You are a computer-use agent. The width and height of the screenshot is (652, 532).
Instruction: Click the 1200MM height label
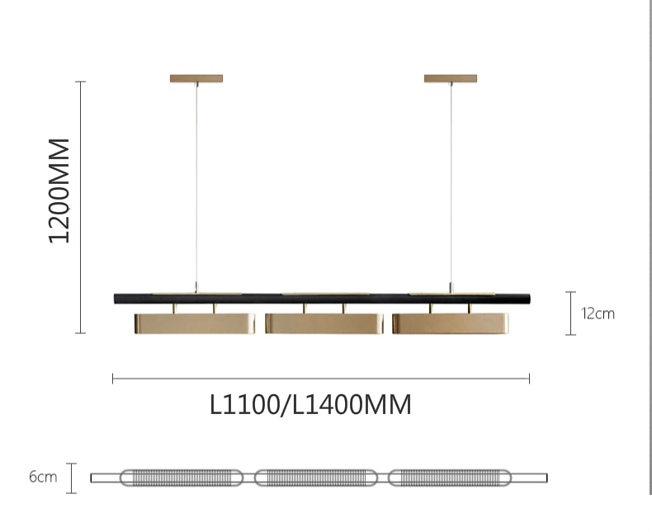pyautogui.click(x=59, y=191)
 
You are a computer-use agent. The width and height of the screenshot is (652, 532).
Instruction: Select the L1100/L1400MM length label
pyautogui.click(x=310, y=405)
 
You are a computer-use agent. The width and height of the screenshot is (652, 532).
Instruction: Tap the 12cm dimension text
pyautogui.click(x=598, y=313)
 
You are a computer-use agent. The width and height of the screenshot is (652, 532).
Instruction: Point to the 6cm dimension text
pyautogui.click(x=43, y=477)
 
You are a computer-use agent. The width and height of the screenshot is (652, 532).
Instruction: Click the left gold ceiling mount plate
pyautogui.click(x=196, y=78)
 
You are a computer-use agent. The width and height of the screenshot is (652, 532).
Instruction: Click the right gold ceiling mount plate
pyautogui.click(x=451, y=78)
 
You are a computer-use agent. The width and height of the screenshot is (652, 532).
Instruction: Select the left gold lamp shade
pyautogui.click(x=195, y=323)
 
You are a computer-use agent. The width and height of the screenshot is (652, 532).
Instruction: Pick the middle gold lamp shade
pyautogui.click(x=324, y=323)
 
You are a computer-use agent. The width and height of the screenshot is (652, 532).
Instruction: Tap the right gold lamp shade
pyautogui.click(x=451, y=323)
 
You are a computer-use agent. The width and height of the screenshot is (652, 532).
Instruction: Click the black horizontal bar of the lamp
pyautogui.click(x=322, y=299)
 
